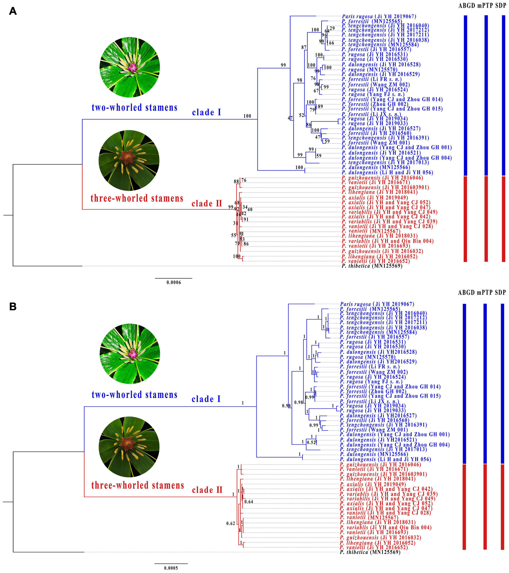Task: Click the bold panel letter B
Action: [13, 307]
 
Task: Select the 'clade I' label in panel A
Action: [206, 112]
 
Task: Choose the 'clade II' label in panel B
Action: [207, 490]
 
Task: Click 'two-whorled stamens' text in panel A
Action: [134, 107]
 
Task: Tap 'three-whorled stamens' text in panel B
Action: [138, 485]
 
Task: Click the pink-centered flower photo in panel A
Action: [130, 68]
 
